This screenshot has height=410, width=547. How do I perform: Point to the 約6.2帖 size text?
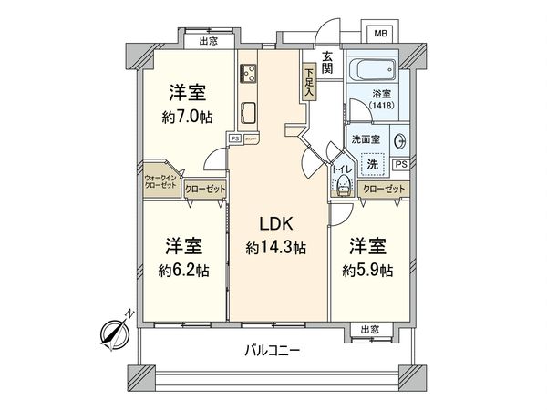point(184,270)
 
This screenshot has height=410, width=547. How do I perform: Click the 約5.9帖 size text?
point(369,270)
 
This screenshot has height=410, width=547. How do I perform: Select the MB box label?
point(381,33)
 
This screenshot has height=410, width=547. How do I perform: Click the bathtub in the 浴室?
point(373,73)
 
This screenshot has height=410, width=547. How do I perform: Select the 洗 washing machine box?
point(371,165)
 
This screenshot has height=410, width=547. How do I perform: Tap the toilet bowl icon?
point(344,185)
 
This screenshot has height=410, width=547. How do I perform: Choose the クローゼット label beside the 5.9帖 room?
point(383,189)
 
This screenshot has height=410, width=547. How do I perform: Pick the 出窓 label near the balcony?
point(369,330)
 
